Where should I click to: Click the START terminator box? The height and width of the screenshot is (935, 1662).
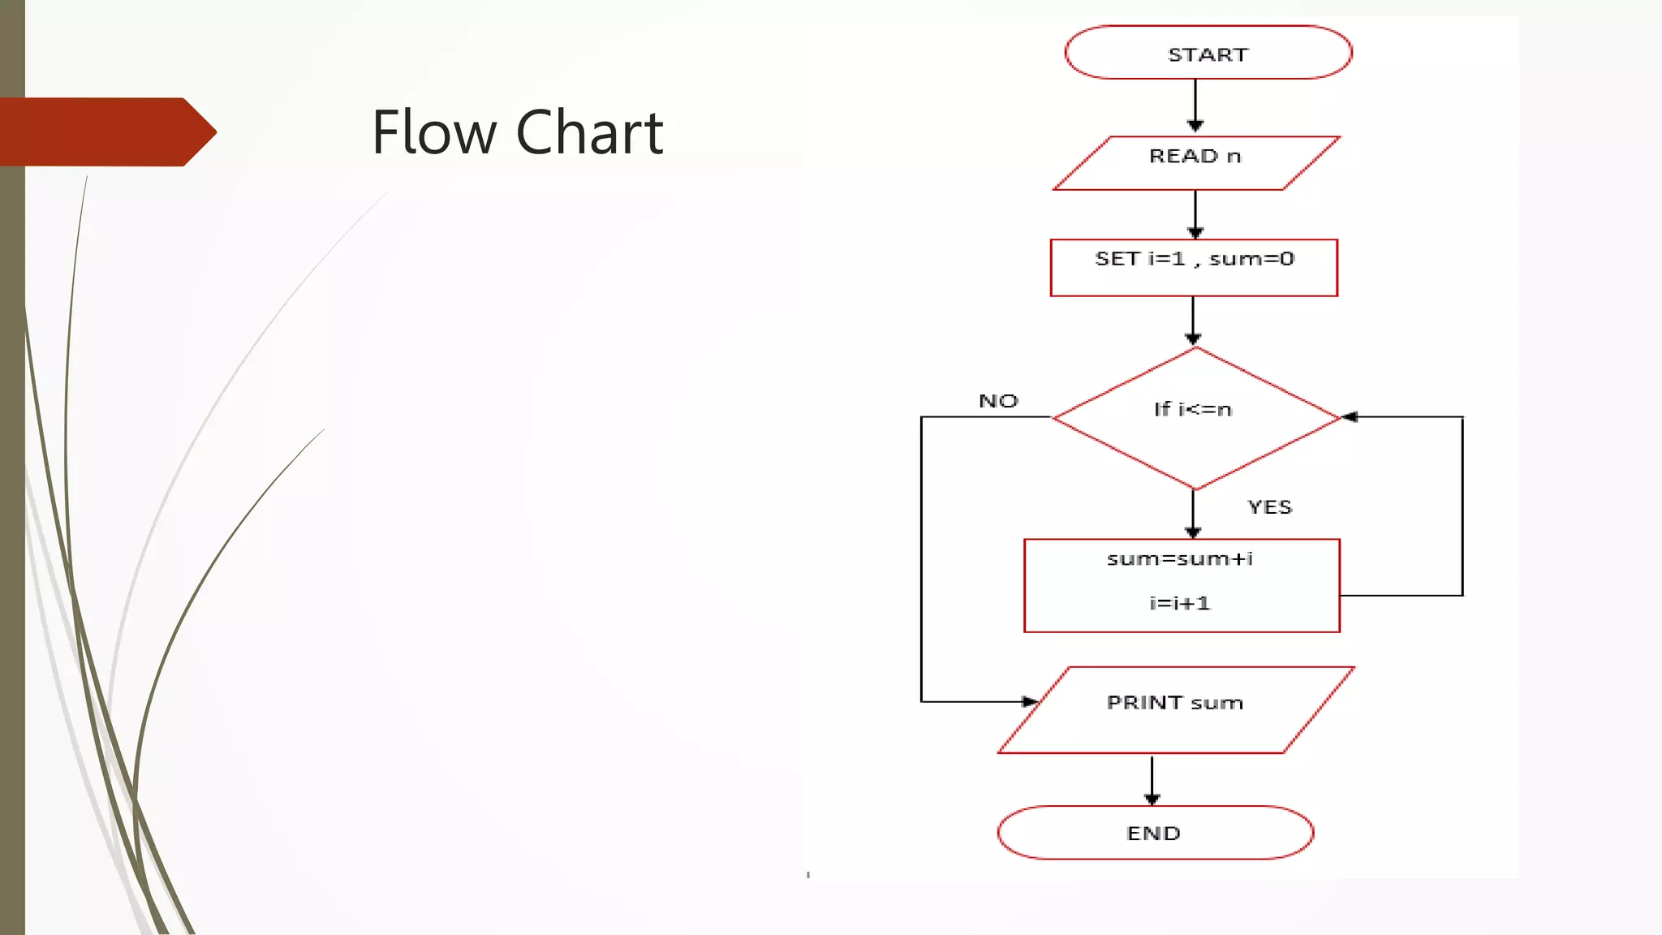click(x=1208, y=53)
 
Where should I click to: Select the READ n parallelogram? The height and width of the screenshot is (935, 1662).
click(x=1195, y=162)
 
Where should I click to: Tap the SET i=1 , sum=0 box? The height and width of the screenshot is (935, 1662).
click(x=1193, y=268)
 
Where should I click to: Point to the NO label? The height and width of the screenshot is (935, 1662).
click(x=998, y=401)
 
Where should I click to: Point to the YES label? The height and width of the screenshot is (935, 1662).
click(x=1269, y=507)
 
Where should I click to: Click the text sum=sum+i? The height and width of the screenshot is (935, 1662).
click(x=1180, y=558)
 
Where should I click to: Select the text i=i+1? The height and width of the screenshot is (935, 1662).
click(x=1179, y=603)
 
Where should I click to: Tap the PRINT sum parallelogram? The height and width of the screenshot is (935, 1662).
click(x=1175, y=709)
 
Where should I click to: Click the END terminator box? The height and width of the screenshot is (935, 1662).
click(x=1154, y=833)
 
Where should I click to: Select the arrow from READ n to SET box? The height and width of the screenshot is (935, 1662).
click(x=1195, y=213)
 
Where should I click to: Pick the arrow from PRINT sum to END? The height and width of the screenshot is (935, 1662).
click(x=1152, y=779)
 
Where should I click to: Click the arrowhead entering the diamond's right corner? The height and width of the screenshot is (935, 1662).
click(x=1349, y=416)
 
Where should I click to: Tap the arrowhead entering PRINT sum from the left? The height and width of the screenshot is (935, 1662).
click(x=1029, y=701)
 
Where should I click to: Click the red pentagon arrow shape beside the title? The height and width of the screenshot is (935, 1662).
click(x=105, y=131)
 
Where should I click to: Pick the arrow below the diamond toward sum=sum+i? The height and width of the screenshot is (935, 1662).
click(x=1193, y=514)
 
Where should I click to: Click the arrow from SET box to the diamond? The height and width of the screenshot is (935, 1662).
click(x=1193, y=320)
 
